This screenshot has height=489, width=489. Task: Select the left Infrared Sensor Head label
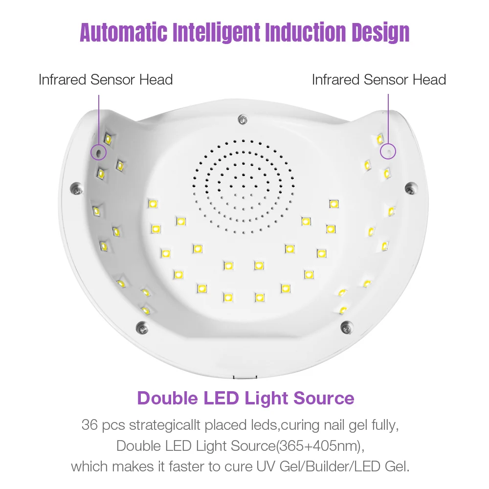tap(106, 80)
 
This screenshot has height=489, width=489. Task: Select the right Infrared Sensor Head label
tap(379, 80)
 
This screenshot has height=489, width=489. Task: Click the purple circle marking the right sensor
tap(388, 151)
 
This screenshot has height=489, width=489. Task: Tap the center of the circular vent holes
tap(243, 187)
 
